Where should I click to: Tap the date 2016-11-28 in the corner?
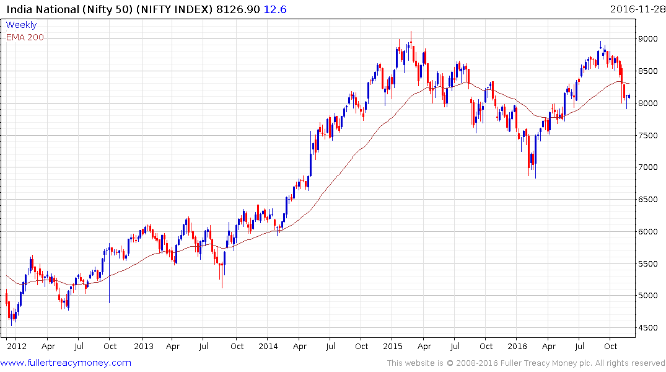click(636, 9)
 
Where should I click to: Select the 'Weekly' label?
click(21, 25)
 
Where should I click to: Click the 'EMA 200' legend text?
click(25, 37)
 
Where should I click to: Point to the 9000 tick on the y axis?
click(650, 38)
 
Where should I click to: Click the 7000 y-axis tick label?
click(650, 167)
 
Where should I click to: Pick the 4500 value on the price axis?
click(650, 328)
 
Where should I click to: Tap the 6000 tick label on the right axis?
click(650, 232)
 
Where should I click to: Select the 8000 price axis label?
click(650, 103)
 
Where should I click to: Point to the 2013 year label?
click(143, 347)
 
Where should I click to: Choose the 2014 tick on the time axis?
click(268, 347)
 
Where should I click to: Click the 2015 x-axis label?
click(393, 347)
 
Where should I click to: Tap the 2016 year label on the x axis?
click(517, 347)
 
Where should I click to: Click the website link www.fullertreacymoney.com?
click(66, 363)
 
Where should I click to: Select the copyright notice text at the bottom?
click(526, 363)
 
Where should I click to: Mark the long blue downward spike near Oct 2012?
click(110, 279)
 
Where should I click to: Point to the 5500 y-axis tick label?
click(650, 263)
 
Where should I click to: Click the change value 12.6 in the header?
click(276, 9)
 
